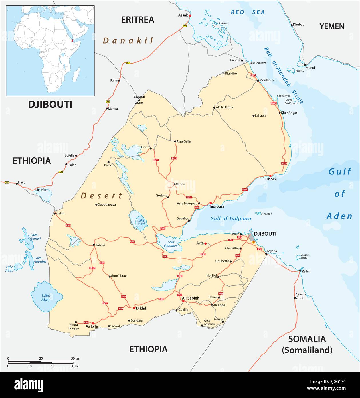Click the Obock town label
point(271,179)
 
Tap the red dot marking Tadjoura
point(211,203)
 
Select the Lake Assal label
point(141,222)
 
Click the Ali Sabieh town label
point(191,298)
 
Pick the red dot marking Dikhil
point(134,308)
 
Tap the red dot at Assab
point(190,15)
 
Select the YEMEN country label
point(332,26)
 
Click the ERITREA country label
point(138,19)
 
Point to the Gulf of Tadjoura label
point(231,218)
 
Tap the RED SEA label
point(248,12)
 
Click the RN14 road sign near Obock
point(244,190)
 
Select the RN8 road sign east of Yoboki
point(132,242)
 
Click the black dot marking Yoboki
point(94,245)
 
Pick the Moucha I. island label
point(267,214)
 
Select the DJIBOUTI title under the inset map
point(50,105)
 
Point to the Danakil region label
point(128,41)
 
